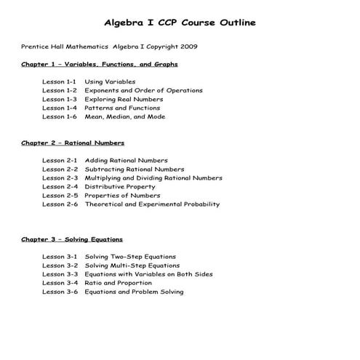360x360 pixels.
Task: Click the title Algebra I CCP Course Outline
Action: pyautogui.click(x=179, y=23)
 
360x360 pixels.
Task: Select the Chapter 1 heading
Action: pyautogui.click(x=99, y=65)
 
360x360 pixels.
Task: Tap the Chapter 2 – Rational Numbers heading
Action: pyautogui.click(x=73, y=143)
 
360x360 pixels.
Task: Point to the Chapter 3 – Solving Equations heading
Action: pyautogui.click(x=72, y=239)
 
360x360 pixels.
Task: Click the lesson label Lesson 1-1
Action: pyautogui.click(x=60, y=82)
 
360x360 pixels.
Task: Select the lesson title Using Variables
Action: pyautogui.click(x=110, y=82)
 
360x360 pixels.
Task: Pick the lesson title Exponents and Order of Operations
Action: pyautogui.click(x=143, y=91)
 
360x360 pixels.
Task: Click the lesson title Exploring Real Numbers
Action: pyautogui.click(x=121, y=100)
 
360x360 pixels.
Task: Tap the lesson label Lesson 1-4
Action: pyautogui.click(x=60, y=108)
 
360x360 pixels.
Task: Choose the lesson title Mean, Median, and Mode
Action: pyautogui.click(x=124, y=117)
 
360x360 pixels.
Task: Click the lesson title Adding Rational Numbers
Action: pyautogui.click(x=126, y=161)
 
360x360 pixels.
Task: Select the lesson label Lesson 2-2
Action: pyautogui.click(x=60, y=169)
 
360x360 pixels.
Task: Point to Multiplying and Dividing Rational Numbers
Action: pyautogui.click(x=153, y=178)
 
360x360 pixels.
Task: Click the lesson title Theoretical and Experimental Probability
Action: pyautogui.click(x=152, y=204)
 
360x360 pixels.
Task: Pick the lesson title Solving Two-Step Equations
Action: pyautogui.click(x=130, y=257)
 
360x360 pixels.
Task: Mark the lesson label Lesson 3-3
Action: pyautogui.click(x=60, y=274)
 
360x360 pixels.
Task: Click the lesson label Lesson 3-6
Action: pyautogui.click(x=60, y=292)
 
